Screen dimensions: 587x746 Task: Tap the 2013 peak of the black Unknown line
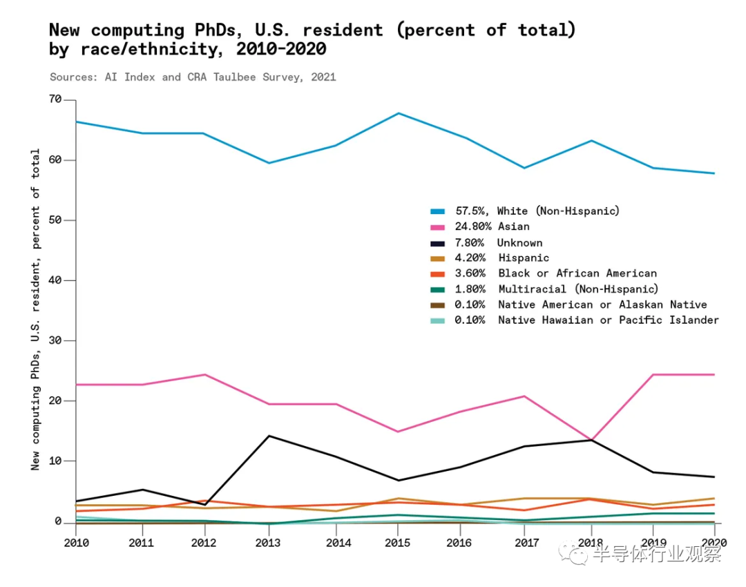269,436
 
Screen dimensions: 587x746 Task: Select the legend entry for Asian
514,227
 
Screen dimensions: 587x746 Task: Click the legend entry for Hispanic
524,258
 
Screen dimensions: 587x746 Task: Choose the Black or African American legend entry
577,273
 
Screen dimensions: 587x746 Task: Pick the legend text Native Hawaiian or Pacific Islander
608,320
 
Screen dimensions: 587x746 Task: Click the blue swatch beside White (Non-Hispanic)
437,211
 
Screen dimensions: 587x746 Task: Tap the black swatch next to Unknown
437,242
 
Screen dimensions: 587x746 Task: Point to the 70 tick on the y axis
54,100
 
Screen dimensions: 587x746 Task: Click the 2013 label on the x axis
269,543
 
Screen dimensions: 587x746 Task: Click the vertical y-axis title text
35,309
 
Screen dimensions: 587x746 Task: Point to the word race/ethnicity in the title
155,50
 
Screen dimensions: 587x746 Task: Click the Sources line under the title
193,77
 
